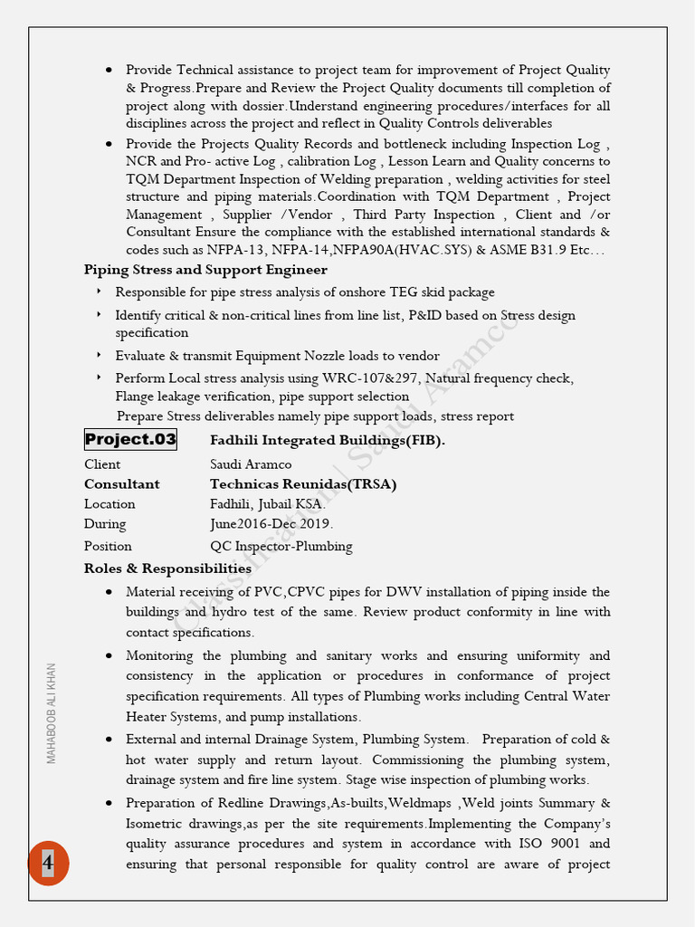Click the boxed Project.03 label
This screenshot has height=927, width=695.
click(130, 440)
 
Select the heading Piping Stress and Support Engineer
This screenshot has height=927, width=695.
click(205, 270)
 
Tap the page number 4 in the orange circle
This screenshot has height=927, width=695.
click(48, 863)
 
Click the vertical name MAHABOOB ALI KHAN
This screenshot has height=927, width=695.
click(52, 713)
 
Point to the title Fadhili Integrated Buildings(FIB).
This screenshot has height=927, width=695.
click(328, 441)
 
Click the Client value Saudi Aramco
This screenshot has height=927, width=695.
click(251, 464)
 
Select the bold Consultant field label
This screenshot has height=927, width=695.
click(121, 484)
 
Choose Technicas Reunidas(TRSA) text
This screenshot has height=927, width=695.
click(303, 484)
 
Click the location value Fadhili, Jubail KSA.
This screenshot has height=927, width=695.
click(268, 504)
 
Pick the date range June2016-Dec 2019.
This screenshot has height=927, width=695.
click(271, 524)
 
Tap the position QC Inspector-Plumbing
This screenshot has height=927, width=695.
click(281, 547)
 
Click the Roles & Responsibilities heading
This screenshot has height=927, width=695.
click(167, 569)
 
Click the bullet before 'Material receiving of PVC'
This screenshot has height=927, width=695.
click(109, 592)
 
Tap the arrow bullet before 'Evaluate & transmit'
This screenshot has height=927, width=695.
click(99, 356)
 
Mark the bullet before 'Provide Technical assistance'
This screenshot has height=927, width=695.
click(109, 70)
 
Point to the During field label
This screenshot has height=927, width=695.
click(105, 524)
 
